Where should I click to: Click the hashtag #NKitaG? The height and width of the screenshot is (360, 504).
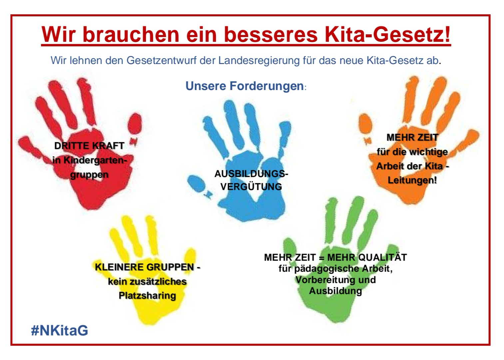(x=59, y=330)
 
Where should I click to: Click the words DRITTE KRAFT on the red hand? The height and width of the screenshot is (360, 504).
(x=89, y=146)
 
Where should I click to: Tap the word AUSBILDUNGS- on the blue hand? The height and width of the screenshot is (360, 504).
(x=251, y=174)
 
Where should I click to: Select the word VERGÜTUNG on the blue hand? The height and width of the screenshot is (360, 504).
(x=251, y=187)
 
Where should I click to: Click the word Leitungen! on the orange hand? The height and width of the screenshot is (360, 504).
(x=412, y=180)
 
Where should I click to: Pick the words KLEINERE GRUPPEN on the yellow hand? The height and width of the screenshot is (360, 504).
(x=144, y=267)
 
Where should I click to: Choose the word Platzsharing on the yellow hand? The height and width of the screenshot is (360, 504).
(x=147, y=296)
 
